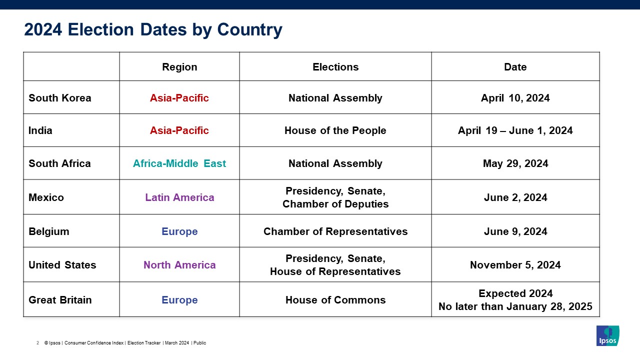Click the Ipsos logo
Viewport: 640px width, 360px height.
[x=607, y=335]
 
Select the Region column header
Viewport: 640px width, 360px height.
[x=179, y=67]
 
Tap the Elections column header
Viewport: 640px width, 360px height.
[x=335, y=67]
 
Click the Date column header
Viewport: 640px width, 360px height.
[x=515, y=67]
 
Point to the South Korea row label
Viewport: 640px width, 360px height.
[x=59, y=98]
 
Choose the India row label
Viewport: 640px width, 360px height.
[x=40, y=130]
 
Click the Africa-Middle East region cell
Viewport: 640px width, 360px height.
[x=179, y=163]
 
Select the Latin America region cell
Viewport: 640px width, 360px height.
[x=179, y=197]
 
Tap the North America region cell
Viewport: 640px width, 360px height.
[x=179, y=265]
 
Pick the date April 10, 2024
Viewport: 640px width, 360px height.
[x=515, y=98]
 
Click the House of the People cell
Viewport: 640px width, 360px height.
[x=335, y=130]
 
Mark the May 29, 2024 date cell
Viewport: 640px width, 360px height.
[x=515, y=163]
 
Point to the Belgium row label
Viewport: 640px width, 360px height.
[x=49, y=231]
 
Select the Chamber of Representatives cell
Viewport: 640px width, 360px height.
[x=335, y=231]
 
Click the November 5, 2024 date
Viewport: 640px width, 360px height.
[x=515, y=265]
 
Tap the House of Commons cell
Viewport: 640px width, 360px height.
[x=335, y=300]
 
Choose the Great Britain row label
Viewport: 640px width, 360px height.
[x=60, y=300]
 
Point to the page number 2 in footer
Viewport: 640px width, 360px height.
[x=37, y=343]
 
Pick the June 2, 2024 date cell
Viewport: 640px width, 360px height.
[x=515, y=197]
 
